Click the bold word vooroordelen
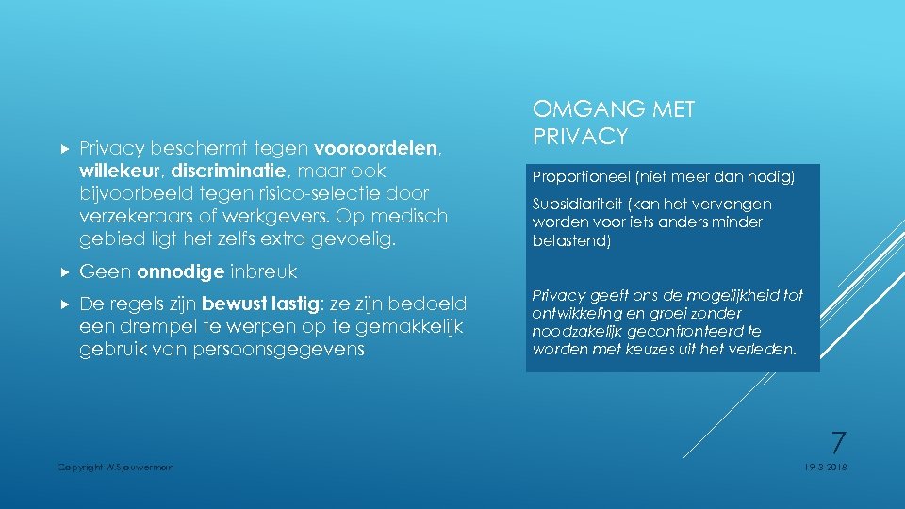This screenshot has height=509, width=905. tap(377, 148)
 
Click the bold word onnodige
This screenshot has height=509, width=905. tap(181, 272)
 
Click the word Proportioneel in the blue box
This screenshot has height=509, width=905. tap(576, 176)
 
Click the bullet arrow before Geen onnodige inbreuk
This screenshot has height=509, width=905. tap(65, 272)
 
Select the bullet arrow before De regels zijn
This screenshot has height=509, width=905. tap(65, 304)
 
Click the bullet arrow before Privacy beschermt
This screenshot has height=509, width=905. tap(65, 148)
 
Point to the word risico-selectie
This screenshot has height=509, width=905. tap(310, 193)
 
